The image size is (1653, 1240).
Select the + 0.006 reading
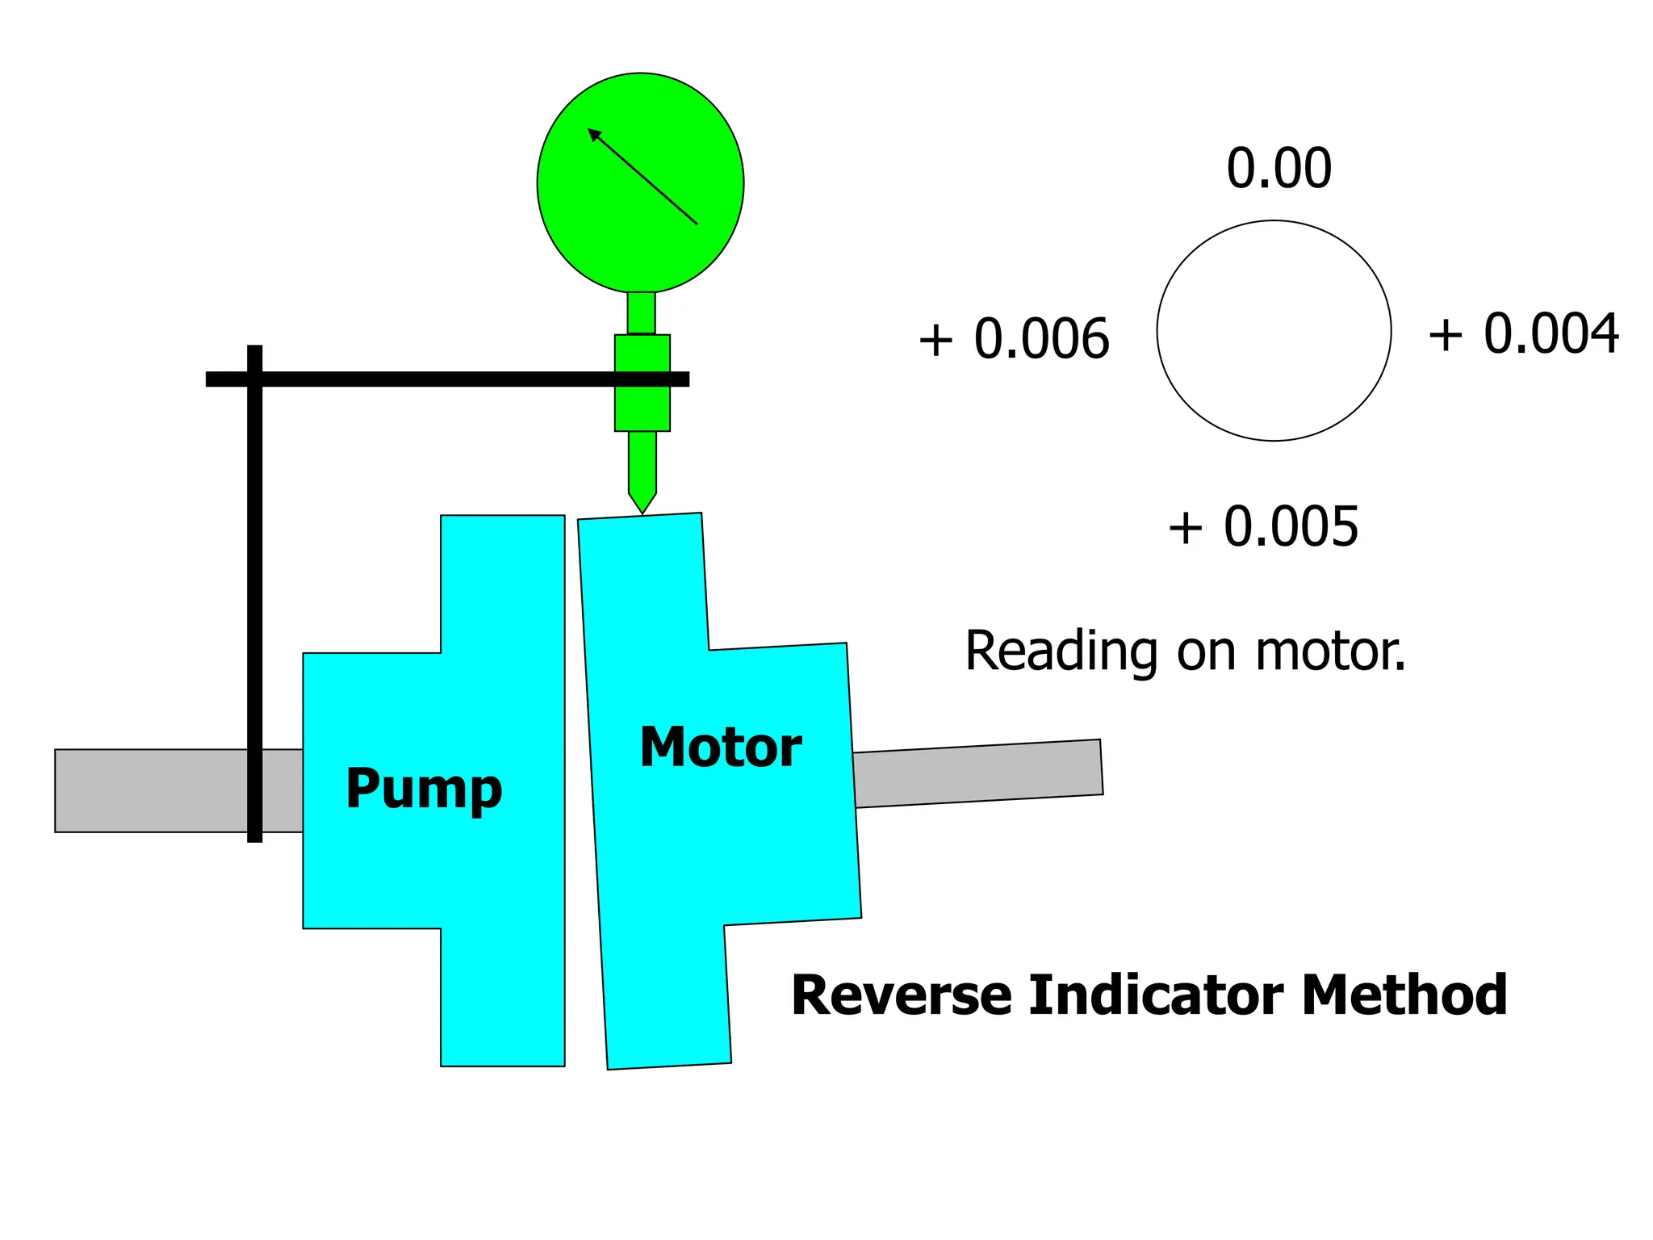click(x=1014, y=338)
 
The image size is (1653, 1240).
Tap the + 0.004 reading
click(x=1523, y=333)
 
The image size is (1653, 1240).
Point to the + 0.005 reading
click(x=1263, y=526)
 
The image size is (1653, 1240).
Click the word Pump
click(x=424, y=789)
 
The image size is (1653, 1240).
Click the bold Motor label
click(x=720, y=747)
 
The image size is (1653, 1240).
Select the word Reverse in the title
click(x=901, y=995)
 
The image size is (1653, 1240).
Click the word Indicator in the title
click(x=1156, y=995)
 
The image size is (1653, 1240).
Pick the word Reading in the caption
click(x=1061, y=651)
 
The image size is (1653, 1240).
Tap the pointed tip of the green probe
click(x=642, y=509)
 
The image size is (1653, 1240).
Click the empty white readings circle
click(x=1274, y=331)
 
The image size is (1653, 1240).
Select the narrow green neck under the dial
click(x=642, y=312)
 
